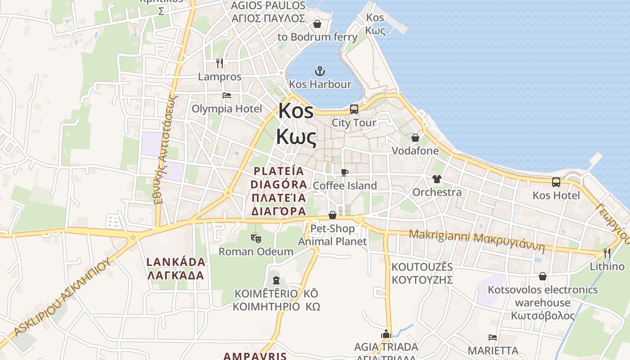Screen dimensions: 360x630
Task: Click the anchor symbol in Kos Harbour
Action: click(x=319, y=71)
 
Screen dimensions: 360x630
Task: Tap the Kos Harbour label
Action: click(x=320, y=84)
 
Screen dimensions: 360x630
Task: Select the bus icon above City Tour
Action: click(x=354, y=109)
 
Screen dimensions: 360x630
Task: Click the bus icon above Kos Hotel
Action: click(x=556, y=182)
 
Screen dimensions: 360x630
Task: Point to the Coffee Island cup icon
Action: click(x=345, y=172)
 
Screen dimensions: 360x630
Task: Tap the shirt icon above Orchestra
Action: click(x=436, y=179)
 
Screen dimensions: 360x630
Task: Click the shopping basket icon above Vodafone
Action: click(x=415, y=138)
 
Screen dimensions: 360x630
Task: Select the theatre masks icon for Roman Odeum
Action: click(x=256, y=238)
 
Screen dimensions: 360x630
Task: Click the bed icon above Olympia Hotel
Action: click(x=227, y=95)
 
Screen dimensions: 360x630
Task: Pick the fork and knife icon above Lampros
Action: click(x=220, y=63)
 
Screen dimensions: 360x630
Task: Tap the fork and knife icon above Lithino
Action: click(x=607, y=253)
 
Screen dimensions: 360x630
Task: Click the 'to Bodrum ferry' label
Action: click(x=317, y=37)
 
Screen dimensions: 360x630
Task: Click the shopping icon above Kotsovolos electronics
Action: click(x=543, y=276)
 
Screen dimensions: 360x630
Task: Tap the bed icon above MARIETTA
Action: click(x=493, y=337)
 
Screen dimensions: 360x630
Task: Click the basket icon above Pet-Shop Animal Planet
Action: click(x=333, y=216)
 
